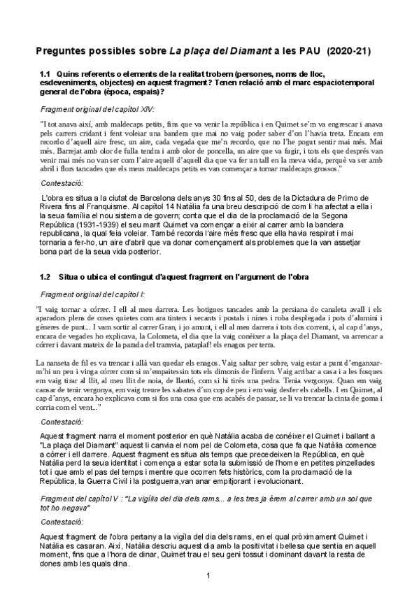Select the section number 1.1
point(46,73)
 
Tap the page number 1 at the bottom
point(208,575)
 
